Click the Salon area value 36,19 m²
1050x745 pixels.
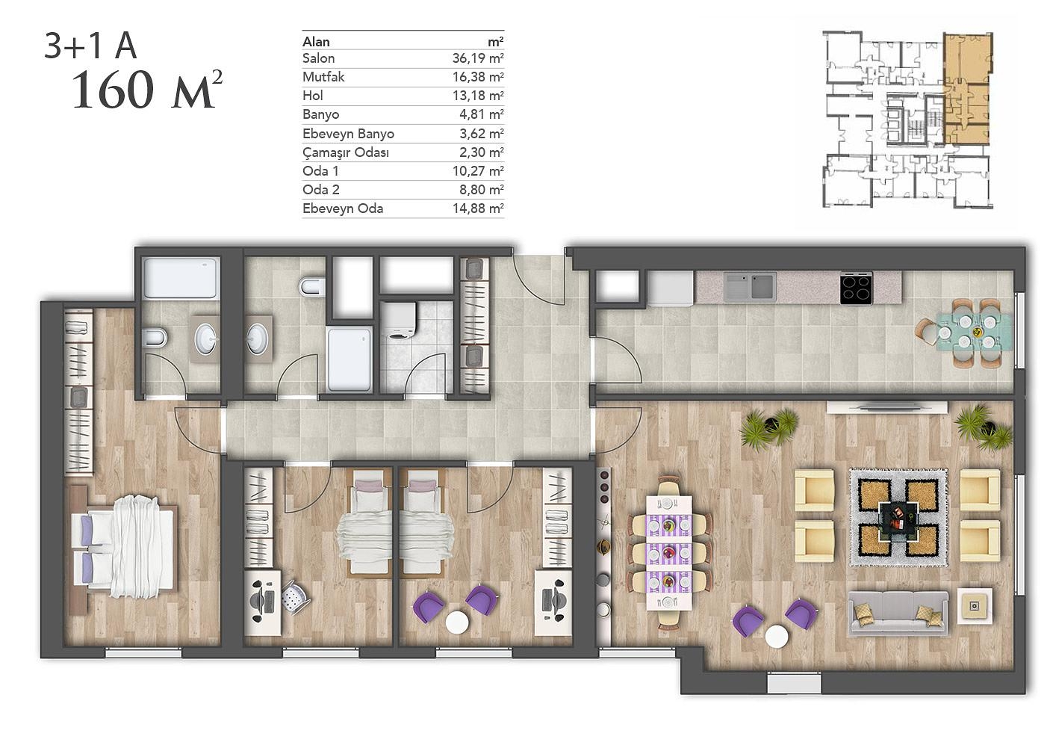[478, 58]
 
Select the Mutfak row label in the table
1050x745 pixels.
[323, 77]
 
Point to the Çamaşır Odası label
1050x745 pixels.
[346, 153]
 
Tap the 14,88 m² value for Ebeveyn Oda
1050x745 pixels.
[478, 208]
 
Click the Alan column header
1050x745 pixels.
[316, 42]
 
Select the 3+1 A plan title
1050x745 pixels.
[90, 46]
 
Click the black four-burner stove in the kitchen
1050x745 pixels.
[856, 288]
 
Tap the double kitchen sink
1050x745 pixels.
[750, 287]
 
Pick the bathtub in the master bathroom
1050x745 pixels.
[181, 278]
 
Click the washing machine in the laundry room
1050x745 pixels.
[398, 320]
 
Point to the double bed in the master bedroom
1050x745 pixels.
[122, 547]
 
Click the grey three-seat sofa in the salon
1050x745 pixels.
[898, 613]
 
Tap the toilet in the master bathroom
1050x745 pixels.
[155, 337]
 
